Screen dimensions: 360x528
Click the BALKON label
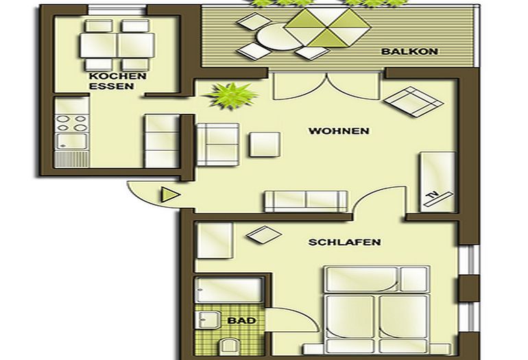pyautogui.click(x=410, y=51)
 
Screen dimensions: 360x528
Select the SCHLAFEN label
pyautogui.click(x=344, y=242)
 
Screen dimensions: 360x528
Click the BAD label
pyautogui.click(x=237, y=320)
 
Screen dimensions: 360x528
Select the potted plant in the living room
pyautogui.click(x=231, y=95)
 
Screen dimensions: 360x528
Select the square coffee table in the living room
pyautogui.click(x=265, y=143)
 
